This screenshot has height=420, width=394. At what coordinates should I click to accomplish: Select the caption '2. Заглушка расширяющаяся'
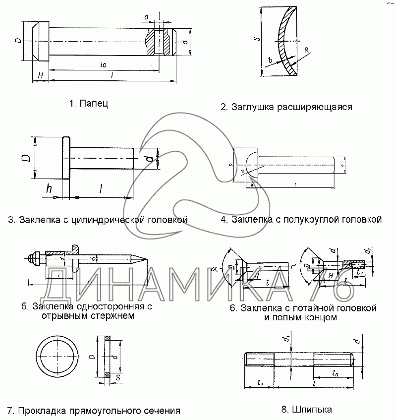click(286, 107)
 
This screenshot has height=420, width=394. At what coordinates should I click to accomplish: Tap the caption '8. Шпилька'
click(306, 409)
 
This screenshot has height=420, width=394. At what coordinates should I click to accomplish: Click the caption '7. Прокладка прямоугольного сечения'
click(93, 411)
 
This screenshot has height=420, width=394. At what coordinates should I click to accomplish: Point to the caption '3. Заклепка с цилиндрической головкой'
click(97, 219)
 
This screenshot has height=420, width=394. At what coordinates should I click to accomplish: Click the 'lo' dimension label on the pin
click(103, 65)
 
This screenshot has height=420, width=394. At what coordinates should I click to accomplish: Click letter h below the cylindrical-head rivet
click(49, 189)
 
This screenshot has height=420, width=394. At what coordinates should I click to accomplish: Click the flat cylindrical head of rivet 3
click(65, 159)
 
